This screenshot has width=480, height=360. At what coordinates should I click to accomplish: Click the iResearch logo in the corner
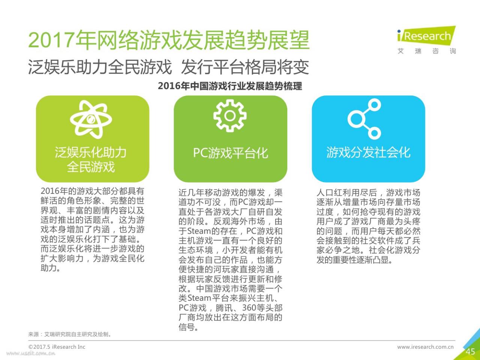tap(426, 36)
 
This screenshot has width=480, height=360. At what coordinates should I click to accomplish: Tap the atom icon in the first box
tap(91, 120)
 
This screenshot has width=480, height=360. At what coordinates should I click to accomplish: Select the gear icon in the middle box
tap(230, 116)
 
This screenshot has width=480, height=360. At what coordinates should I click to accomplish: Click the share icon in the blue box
tap(364, 119)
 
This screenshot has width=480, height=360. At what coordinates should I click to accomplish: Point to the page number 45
tap(470, 352)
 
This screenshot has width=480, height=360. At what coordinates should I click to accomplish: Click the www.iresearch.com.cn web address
tap(425, 347)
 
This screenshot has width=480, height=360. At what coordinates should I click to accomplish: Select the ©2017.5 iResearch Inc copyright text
tap(57, 347)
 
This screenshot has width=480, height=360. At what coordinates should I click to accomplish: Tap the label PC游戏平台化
tap(231, 153)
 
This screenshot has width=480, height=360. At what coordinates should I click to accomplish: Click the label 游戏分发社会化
tap(369, 152)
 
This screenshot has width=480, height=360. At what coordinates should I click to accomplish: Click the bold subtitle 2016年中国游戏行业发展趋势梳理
tap(230, 86)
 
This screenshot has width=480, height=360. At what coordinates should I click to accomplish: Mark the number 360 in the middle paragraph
tap(249, 308)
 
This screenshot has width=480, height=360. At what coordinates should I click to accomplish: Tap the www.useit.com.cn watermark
tap(31, 353)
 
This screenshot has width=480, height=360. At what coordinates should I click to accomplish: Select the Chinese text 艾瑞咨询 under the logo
tap(427, 51)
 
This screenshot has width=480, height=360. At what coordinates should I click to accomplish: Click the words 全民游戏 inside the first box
tap(91, 167)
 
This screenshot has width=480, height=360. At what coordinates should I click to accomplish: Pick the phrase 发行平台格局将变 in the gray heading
tap(245, 67)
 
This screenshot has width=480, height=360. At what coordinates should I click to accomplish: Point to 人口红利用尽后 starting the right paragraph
tap(346, 193)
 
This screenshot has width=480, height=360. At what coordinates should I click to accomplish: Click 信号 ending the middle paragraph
tap(187, 327)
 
